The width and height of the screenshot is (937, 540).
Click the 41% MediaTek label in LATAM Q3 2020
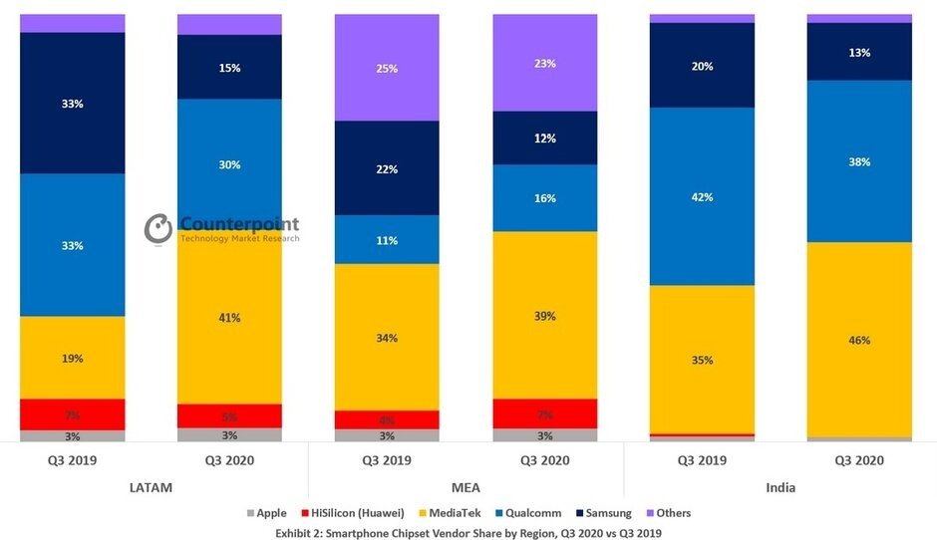(229, 318)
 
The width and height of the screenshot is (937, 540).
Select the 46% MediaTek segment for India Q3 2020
(859, 340)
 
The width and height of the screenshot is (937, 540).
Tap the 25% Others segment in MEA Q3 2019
(387, 68)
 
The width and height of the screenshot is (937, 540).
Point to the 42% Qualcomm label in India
(702, 197)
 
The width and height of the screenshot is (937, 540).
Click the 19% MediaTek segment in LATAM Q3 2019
(73, 358)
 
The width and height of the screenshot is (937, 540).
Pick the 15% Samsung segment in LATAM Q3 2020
(229, 68)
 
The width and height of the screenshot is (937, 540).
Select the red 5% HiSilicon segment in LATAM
(229, 415)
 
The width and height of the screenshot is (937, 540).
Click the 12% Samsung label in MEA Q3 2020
(544, 138)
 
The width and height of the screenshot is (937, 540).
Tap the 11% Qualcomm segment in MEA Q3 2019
(387, 240)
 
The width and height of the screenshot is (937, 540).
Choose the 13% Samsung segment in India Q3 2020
(859, 52)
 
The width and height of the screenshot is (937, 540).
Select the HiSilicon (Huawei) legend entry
(354, 513)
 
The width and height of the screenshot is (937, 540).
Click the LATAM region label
(152, 487)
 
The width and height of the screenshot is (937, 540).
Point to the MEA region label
(467, 487)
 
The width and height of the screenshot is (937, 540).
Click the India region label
(780, 487)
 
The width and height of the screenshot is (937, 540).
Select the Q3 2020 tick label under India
(859, 460)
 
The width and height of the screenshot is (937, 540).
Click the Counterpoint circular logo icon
(158, 228)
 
